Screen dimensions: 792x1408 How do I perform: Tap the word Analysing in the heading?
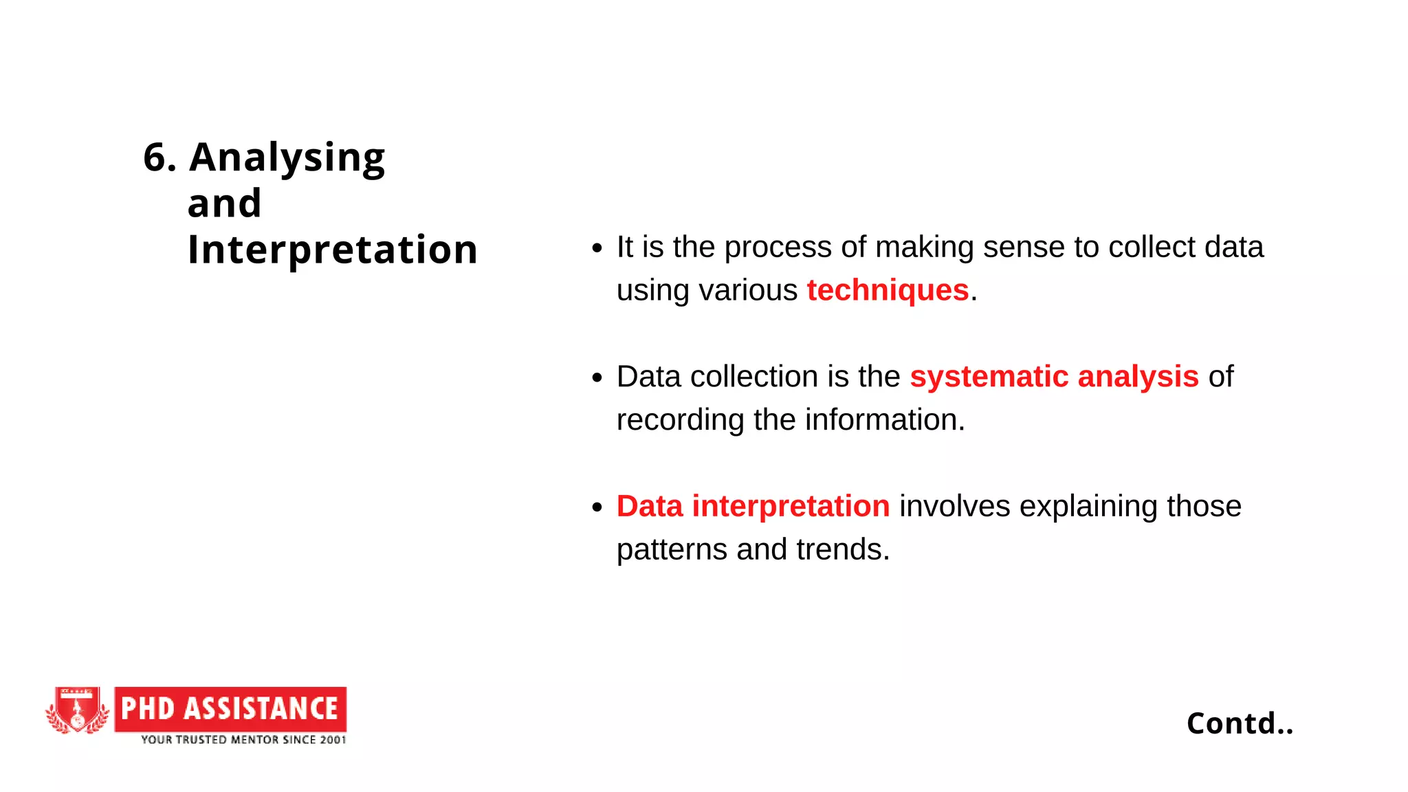click(287, 158)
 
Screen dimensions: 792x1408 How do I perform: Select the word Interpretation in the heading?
click(332, 249)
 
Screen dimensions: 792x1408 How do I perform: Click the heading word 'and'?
click(224, 203)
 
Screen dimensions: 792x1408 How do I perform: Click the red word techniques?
click(888, 290)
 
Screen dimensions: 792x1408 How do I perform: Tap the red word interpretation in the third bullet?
click(791, 506)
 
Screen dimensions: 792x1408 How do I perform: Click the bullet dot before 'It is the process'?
click(597, 248)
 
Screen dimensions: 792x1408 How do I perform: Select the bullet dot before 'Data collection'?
click(597, 377)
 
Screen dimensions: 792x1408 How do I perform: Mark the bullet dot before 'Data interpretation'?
click(597, 507)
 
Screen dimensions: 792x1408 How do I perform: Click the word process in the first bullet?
click(778, 247)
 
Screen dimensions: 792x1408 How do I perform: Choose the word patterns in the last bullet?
click(672, 549)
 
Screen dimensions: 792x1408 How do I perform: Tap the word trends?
click(842, 549)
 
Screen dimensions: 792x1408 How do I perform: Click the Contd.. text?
click(1240, 723)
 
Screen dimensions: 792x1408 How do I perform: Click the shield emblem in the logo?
click(77, 709)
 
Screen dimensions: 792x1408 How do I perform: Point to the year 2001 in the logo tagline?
click(333, 740)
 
